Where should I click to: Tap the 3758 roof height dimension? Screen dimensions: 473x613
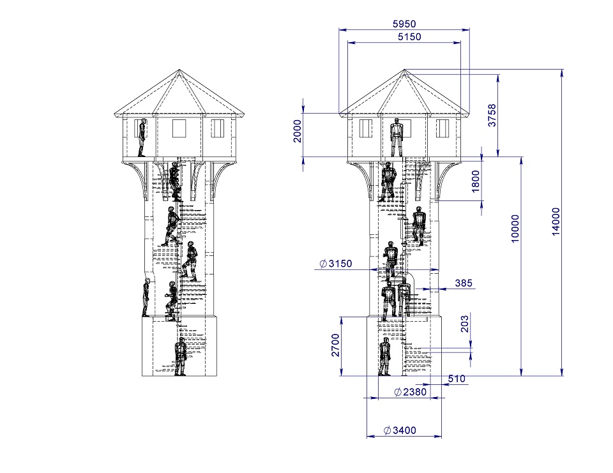492,116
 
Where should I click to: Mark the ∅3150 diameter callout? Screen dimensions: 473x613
335,264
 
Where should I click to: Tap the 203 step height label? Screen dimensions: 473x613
464,324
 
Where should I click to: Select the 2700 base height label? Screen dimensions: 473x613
335,345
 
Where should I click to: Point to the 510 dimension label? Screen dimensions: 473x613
457,379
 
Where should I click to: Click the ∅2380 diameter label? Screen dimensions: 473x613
410,391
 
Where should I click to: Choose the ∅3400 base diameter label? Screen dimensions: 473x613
400,430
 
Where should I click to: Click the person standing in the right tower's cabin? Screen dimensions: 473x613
397,137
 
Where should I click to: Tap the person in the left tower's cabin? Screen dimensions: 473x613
142,137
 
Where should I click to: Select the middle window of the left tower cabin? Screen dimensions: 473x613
179,128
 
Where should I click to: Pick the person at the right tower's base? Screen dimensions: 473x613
384,357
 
